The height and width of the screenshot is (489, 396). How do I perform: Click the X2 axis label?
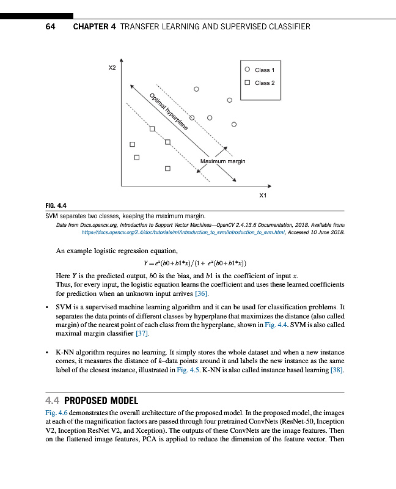click(112, 68)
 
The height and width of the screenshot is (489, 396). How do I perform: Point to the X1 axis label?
click(263, 195)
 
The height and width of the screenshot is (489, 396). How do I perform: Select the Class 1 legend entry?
click(265, 70)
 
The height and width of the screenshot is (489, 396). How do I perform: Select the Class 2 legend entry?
click(265, 83)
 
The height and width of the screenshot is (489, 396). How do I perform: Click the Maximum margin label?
click(222, 161)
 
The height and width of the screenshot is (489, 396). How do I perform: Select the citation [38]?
click(337, 370)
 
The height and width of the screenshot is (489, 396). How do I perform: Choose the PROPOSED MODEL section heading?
click(101, 401)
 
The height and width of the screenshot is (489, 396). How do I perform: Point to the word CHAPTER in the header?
click(94, 27)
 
